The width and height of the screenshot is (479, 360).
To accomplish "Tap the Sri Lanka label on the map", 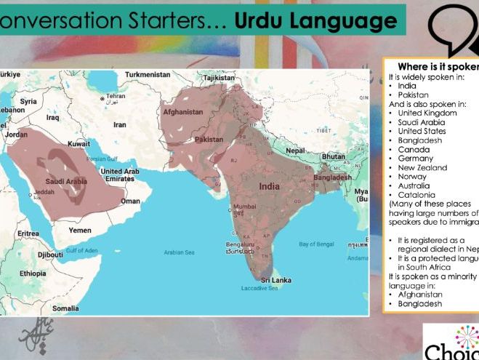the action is pyautogui.click(x=276, y=279).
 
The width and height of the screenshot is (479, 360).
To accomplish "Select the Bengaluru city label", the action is pyautogui.click(x=239, y=244).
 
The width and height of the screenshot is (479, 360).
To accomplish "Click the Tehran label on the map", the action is pyautogui.click(x=116, y=96).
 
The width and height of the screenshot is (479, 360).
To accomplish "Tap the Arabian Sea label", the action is pyautogui.click(x=179, y=252).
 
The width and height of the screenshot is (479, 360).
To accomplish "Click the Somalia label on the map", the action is pyautogui.click(x=66, y=308).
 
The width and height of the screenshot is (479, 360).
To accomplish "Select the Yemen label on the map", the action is pyautogui.click(x=80, y=230).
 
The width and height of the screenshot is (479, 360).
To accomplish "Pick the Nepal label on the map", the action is pyautogui.click(x=295, y=151).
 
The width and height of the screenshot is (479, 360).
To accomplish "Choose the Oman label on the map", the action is pyautogui.click(x=131, y=201).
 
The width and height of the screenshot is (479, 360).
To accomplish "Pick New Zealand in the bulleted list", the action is pyautogui.click(x=422, y=167).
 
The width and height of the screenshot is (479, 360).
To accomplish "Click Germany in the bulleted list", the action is pyautogui.click(x=416, y=158).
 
